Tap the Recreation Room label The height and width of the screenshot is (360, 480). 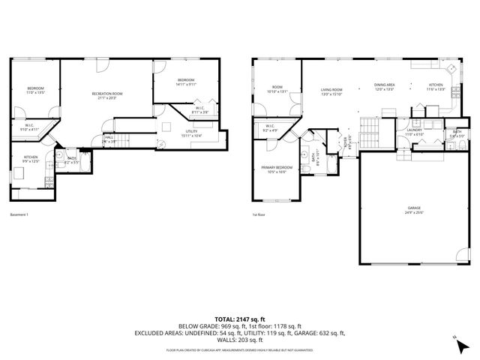coord(107,95)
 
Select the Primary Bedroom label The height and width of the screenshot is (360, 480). coord(276,169)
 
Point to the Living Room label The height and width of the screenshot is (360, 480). coord(331,91)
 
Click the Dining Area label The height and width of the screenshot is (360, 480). coord(385,88)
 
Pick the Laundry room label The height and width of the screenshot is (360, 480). coord(414,132)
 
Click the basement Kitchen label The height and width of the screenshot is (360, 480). coord(30,159)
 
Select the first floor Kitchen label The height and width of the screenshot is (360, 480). coord(436,88)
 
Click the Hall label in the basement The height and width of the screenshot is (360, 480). coord(109,139)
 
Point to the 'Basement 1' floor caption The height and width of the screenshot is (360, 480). coord(19,216)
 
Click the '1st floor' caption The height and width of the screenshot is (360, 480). coord(259,216)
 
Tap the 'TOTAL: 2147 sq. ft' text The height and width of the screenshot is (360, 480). coord(240,319)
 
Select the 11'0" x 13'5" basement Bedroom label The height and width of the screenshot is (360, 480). coord(36,90)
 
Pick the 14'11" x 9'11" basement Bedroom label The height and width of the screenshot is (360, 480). coord(186,82)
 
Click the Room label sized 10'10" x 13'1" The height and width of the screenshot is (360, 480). coord(277,89)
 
